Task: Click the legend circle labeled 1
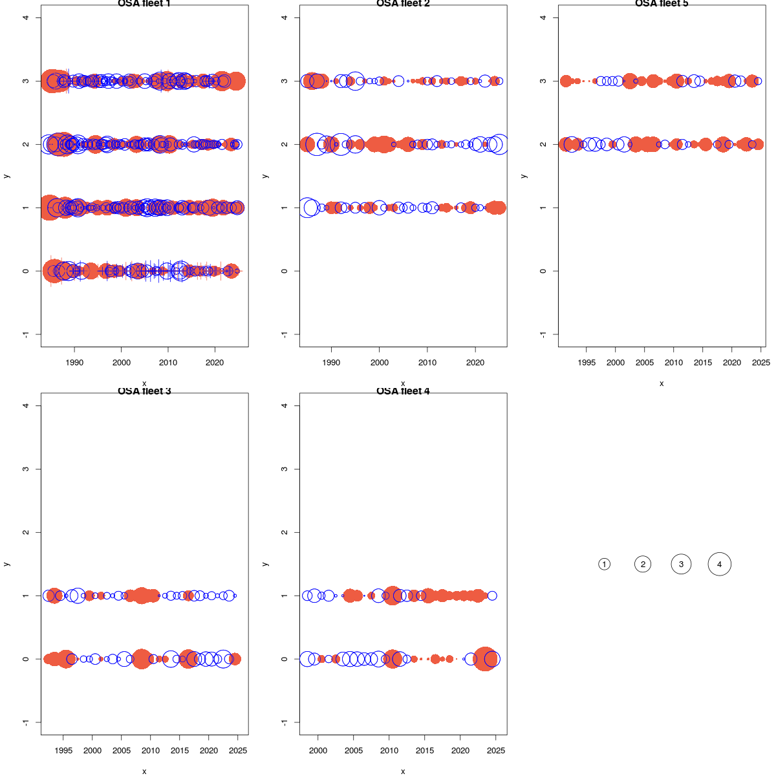coord(604,565)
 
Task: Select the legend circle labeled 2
coord(643,565)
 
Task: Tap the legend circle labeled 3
coord(681,565)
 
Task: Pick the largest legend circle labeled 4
coord(719,565)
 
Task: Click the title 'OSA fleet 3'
coord(144,391)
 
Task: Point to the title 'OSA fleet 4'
coord(403,391)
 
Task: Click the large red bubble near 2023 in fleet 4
coord(485,659)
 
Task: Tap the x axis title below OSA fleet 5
coord(662,383)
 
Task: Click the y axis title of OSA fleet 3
coord(6,564)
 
